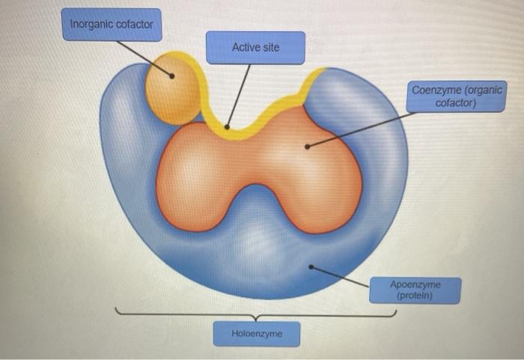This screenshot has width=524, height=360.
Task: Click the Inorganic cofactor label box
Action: pyautogui.click(x=111, y=25)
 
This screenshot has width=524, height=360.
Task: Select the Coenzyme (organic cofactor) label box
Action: pyautogui.click(x=457, y=97)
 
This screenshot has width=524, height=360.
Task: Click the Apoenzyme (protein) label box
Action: pyautogui.click(x=415, y=290)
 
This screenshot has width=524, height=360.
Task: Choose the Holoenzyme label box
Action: pyautogui.click(x=256, y=334)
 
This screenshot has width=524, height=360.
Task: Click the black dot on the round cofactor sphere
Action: pyautogui.click(x=173, y=76)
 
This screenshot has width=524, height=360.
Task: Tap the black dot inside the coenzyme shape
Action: pyautogui.click(x=306, y=146)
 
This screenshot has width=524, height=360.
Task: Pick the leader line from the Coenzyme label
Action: pyautogui.click(x=359, y=129)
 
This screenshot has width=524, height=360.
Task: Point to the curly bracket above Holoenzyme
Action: pyautogui.click(x=256, y=314)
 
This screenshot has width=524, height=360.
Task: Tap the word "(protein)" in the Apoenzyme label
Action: pyautogui.click(x=415, y=296)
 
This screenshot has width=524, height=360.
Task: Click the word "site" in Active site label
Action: pyautogui.click(x=268, y=47)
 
